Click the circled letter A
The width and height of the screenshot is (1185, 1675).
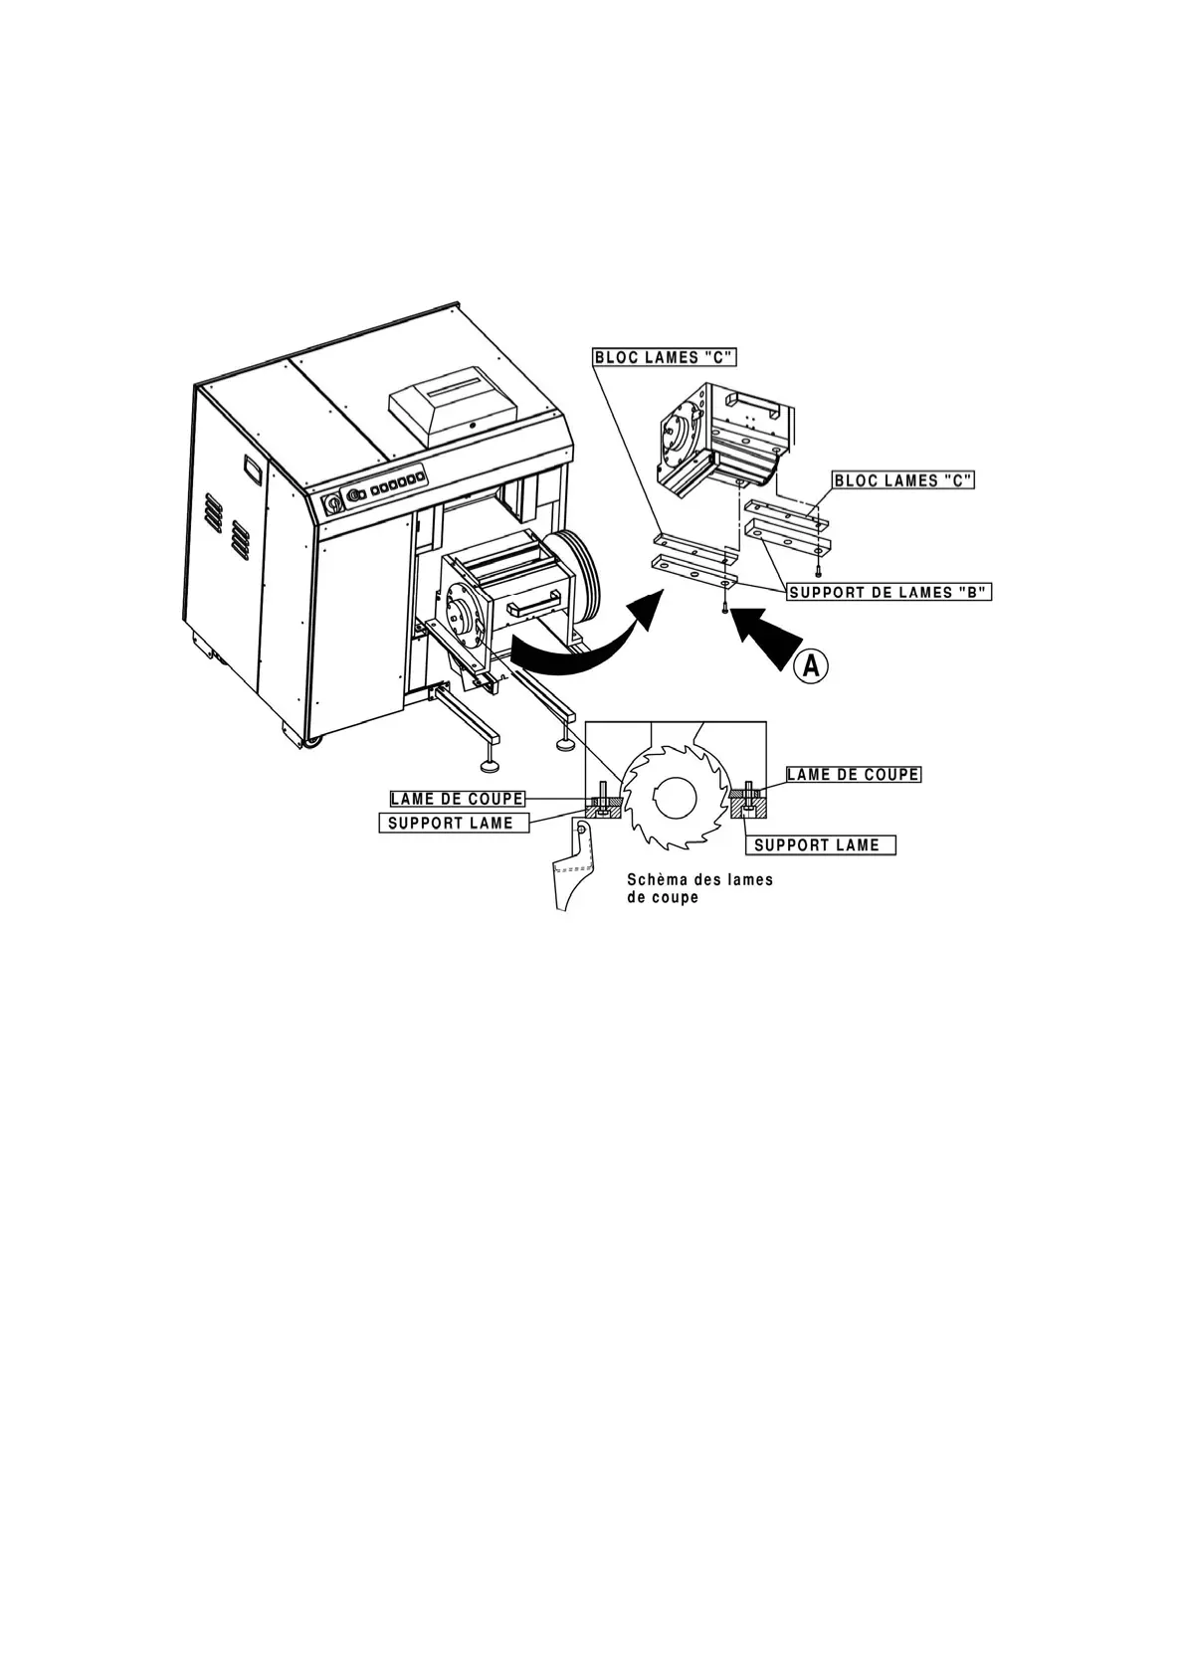[x=811, y=666]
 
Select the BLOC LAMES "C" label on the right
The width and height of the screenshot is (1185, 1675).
[x=902, y=480]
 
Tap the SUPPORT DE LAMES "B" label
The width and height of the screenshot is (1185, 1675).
[x=889, y=592]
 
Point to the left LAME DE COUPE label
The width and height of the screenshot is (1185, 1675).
[x=457, y=799]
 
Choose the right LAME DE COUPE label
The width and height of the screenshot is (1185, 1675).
[x=853, y=774]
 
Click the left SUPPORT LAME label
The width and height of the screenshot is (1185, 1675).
[x=451, y=823]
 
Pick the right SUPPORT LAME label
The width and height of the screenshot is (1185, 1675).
[x=820, y=845]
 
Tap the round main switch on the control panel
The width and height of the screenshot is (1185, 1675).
[x=332, y=503]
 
